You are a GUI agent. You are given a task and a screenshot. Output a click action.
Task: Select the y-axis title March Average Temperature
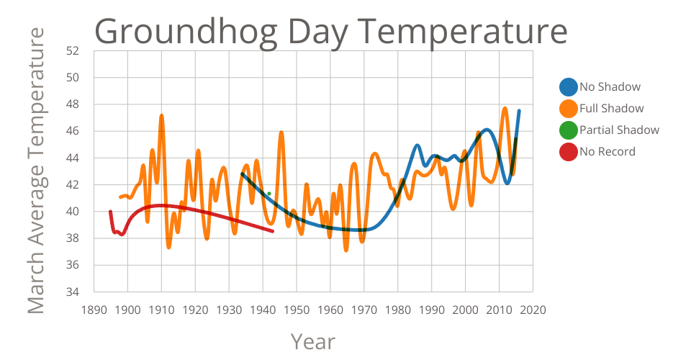[x=36, y=171]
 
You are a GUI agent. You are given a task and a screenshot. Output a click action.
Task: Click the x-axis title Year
[x=312, y=341]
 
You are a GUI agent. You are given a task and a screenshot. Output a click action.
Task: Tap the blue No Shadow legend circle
[x=569, y=87]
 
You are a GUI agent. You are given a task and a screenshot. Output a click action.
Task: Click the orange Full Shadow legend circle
[x=569, y=109]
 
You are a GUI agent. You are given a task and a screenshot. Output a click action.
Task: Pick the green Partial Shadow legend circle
[x=569, y=130]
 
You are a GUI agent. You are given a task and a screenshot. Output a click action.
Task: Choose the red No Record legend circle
[x=569, y=152]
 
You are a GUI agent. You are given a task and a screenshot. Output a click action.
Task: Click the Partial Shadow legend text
[x=619, y=130]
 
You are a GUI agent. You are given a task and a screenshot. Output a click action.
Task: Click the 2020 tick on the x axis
[x=533, y=310]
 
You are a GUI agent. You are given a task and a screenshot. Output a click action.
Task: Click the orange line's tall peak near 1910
[x=161, y=115]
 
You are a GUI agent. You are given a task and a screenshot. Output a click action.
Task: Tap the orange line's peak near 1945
[x=281, y=132]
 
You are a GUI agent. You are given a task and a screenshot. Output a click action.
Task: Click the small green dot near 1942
[x=269, y=193]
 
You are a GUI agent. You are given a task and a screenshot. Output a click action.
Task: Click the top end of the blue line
[x=519, y=111]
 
